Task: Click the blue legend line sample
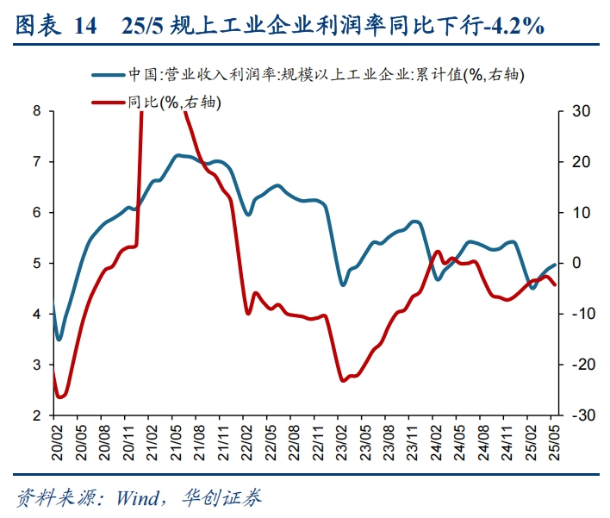(109, 75)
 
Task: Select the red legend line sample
(109, 103)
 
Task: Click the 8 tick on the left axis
(37, 111)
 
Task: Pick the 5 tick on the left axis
(37, 264)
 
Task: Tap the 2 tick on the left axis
(37, 416)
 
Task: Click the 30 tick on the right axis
(579, 111)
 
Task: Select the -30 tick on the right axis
(581, 416)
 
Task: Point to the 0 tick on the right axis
(576, 264)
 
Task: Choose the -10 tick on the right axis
(581, 315)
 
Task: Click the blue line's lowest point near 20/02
(59, 340)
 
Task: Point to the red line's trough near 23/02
(344, 380)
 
